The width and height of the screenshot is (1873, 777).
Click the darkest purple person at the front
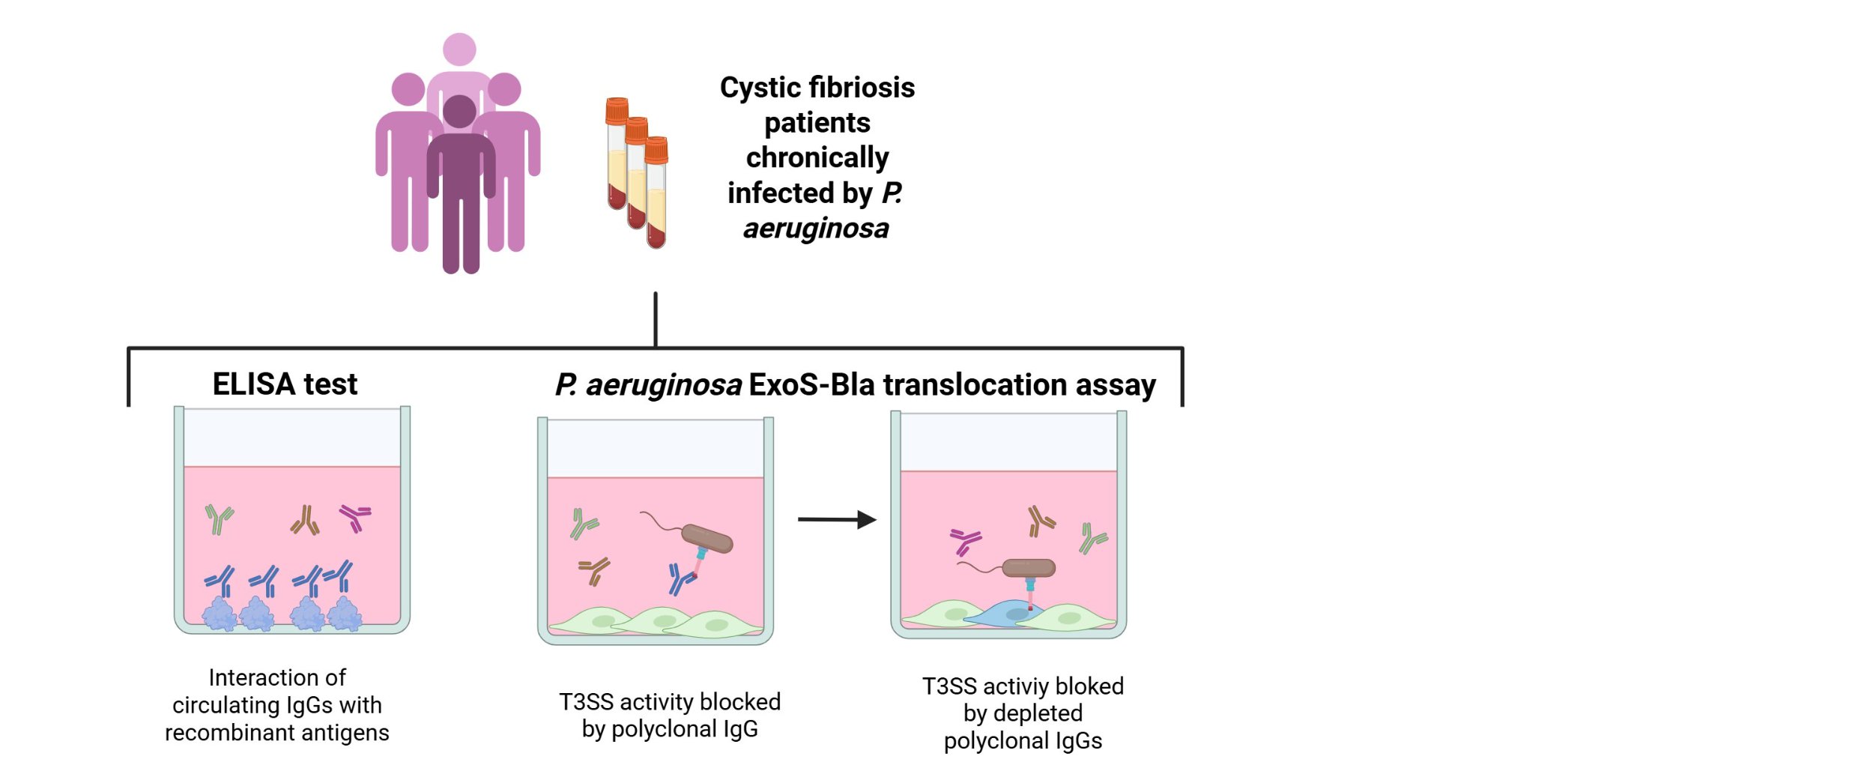point(460,187)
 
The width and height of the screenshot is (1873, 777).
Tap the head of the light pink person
point(459,49)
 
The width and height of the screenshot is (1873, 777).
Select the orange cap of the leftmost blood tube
point(617,111)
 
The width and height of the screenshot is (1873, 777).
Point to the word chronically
point(817,157)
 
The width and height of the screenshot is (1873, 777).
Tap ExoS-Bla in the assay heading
point(812,384)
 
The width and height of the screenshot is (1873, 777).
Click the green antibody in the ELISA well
point(219,519)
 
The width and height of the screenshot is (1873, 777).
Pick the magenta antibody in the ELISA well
point(355,516)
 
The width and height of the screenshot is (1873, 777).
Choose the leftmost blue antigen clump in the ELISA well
point(220,614)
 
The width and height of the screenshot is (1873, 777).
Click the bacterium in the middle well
point(706,538)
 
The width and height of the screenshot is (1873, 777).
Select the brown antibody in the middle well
point(594,570)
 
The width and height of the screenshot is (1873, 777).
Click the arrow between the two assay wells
point(836,519)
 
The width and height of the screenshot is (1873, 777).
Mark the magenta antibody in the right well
point(965,540)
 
